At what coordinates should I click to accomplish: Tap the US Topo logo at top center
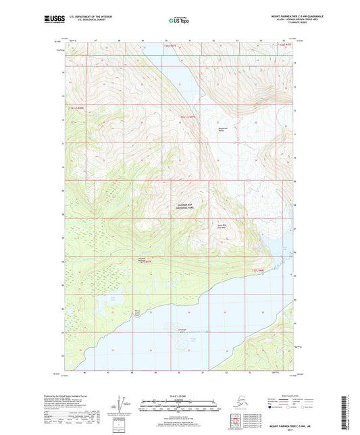[179, 21]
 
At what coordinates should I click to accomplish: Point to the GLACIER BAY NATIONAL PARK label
[180, 211]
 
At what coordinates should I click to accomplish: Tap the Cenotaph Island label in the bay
[182, 330]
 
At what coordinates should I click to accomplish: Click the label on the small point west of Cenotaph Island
[138, 313]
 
